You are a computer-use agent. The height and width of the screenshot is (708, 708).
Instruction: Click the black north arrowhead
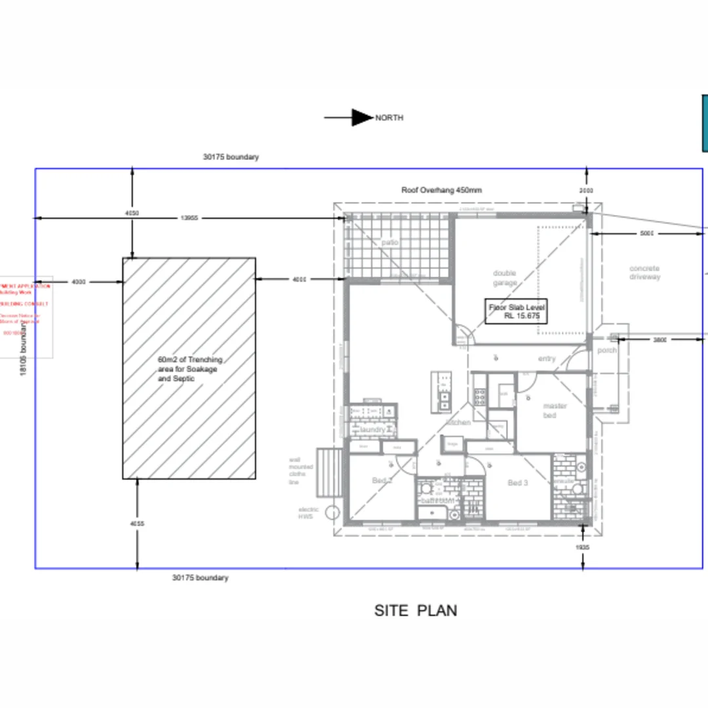(x=361, y=117)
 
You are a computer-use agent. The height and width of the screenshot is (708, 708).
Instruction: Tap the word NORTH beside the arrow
(x=389, y=118)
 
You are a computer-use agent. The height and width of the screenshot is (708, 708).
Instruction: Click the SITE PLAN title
(x=416, y=610)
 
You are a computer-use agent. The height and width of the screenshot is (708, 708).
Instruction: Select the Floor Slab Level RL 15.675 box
(x=516, y=311)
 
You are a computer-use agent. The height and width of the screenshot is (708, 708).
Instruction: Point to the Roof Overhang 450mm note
(x=441, y=190)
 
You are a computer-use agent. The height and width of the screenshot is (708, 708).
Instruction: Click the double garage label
(x=505, y=278)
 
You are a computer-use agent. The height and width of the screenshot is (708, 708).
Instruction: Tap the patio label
(x=390, y=243)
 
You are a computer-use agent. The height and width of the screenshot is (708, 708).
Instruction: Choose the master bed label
(x=555, y=410)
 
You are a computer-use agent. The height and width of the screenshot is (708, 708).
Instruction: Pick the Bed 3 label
(x=518, y=483)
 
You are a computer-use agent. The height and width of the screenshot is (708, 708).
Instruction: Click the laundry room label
(x=372, y=429)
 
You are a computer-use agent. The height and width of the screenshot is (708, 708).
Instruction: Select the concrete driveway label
(x=644, y=273)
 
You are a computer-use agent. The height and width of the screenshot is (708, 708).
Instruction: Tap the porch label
(x=607, y=351)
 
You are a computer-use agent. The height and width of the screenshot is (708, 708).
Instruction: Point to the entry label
(x=547, y=359)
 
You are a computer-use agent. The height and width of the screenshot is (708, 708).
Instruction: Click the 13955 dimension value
(x=189, y=218)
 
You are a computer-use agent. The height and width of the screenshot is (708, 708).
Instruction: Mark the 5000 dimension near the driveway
(x=647, y=233)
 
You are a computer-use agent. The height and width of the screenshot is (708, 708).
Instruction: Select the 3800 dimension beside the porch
(x=660, y=340)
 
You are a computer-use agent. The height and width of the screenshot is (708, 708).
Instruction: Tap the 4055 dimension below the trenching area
(x=137, y=524)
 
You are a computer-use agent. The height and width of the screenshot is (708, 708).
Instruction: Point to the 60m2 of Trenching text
(x=190, y=360)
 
